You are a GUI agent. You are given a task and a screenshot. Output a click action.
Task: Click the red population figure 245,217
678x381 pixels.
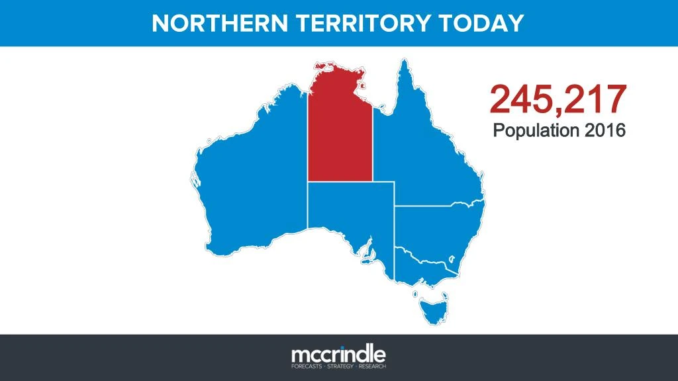pos(557,99)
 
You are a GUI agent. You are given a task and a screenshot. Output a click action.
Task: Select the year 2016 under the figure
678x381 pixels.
pos(604,130)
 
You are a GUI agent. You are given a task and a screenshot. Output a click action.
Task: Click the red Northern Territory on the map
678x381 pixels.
pos(339,132)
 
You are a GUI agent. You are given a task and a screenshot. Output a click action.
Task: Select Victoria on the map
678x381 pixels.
pos(424,265)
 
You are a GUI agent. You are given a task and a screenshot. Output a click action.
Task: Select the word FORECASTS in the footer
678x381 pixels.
pos(306,365)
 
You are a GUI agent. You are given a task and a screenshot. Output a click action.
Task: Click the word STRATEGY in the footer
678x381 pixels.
pos(339,365)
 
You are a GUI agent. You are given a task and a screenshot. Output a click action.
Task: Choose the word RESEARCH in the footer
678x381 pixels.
pos(372,365)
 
